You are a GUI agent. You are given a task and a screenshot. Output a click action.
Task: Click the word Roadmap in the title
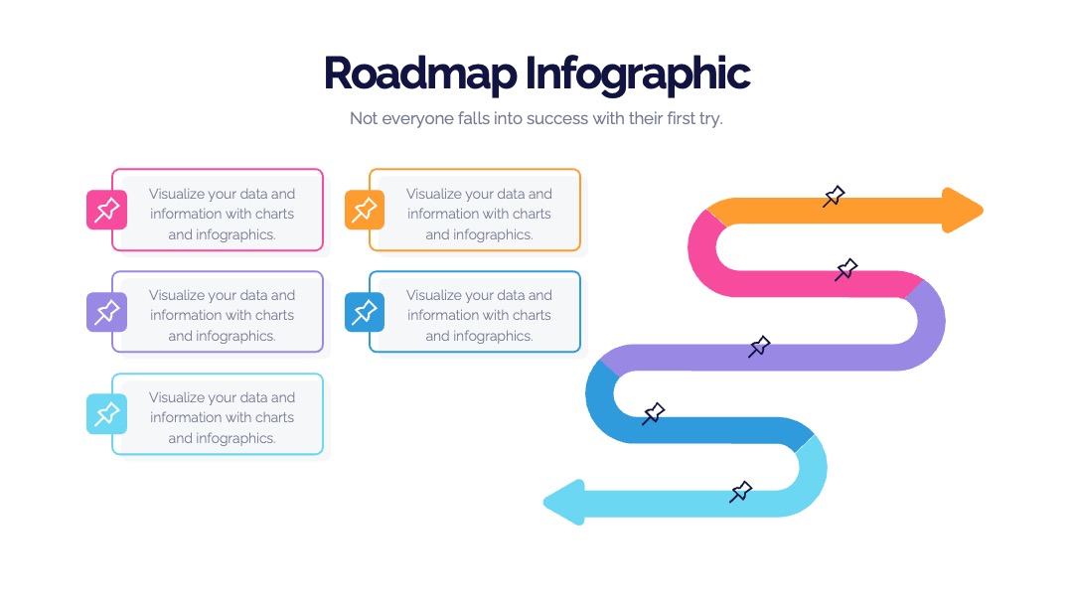pyautogui.click(x=420, y=74)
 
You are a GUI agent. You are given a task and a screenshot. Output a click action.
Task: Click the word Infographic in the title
pyautogui.click(x=638, y=74)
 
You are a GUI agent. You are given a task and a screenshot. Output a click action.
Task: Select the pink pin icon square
pyautogui.click(x=106, y=210)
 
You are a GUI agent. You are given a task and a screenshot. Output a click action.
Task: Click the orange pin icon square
pyautogui.click(x=364, y=210)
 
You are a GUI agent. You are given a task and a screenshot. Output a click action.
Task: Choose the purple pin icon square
pyautogui.click(x=106, y=312)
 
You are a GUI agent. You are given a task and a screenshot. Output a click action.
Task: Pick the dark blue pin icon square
pyautogui.click(x=364, y=312)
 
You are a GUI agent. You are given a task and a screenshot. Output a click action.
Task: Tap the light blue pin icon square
pyautogui.click(x=106, y=414)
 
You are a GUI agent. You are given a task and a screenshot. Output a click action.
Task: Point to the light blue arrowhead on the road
pyautogui.click(x=564, y=502)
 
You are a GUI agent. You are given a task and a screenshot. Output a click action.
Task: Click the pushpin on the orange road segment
pyautogui.click(x=834, y=197)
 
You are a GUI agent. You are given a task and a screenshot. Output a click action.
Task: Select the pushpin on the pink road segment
pyautogui.click(x=845, y=269)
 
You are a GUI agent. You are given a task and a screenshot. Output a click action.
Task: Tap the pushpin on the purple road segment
pyautogui.click(x=759, y=347)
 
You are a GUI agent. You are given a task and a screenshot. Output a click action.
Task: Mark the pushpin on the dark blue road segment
pyautogui.click(x=653, y=413)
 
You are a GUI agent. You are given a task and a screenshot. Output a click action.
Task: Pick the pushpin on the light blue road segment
pyautogui.click(x=740, y=492)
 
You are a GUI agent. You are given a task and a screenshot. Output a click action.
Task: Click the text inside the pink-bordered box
pyautogui.click(x=222, y=215)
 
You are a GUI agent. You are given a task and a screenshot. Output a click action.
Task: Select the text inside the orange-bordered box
pyautogui.click(x=479, y=215)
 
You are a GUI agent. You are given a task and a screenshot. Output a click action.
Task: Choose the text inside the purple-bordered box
pyautogui.click(x=222, y=315)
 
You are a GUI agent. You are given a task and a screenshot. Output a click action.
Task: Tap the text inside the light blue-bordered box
pyautogui.click(x=222, y=417)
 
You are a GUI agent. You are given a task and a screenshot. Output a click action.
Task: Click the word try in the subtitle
pyautogui.click(x=710, y=119)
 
